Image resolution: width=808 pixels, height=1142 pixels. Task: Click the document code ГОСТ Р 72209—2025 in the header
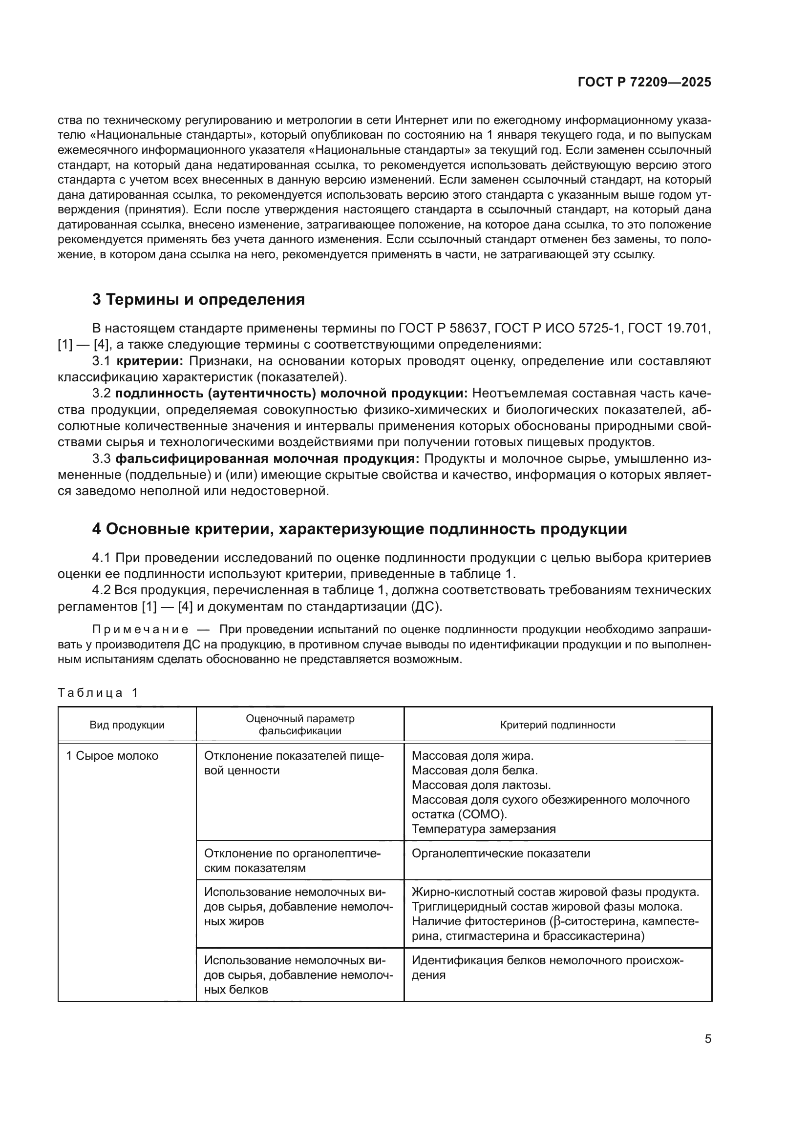644,83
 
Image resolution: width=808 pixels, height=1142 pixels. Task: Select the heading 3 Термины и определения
198,300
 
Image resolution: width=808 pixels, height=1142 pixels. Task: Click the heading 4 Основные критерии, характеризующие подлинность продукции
359,529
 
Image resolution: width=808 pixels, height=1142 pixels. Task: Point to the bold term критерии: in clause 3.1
150,361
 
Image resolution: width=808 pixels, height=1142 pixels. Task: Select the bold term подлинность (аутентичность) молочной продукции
291,394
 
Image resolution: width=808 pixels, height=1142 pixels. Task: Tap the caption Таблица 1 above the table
98,693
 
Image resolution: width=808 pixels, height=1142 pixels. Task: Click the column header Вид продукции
127,725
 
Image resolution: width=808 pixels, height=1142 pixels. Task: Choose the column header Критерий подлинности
558,725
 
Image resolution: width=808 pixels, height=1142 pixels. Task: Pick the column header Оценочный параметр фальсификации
300,725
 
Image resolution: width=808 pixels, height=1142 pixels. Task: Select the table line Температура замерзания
484,829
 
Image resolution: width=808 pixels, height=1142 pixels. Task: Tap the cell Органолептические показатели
501,853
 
